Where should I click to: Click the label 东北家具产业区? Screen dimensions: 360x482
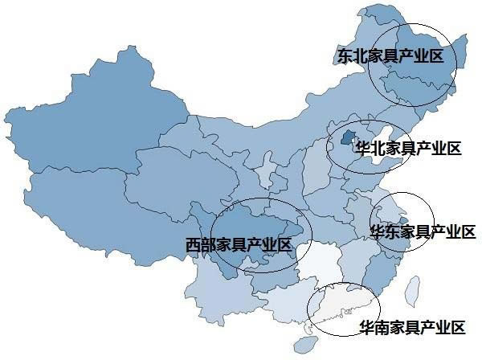(390, 57)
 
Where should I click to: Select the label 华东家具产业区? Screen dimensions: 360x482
(422, 232)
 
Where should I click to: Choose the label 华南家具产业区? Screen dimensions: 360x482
(411, 327)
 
